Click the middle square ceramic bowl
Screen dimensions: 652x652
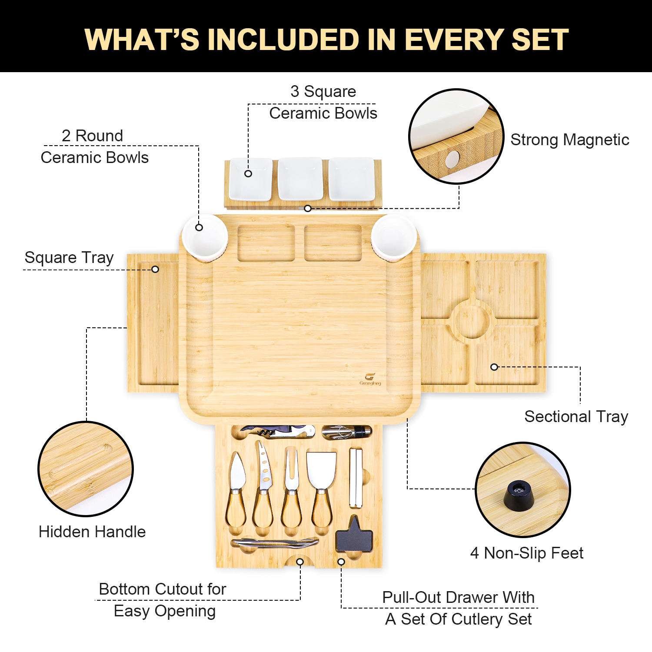click(x=300, y=179)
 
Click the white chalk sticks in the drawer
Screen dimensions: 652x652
click(x=355, y=477)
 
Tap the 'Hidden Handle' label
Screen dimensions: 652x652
click(x=92, y=532)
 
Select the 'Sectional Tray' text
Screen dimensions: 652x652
click(x=576, y=416)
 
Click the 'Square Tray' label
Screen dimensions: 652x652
click(x=69, y=257)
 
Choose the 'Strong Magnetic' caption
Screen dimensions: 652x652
click(x=570, y=140)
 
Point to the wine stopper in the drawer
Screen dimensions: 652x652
click(x=347, y=432)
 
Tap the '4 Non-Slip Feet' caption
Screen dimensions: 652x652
click(x=527, y=553)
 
